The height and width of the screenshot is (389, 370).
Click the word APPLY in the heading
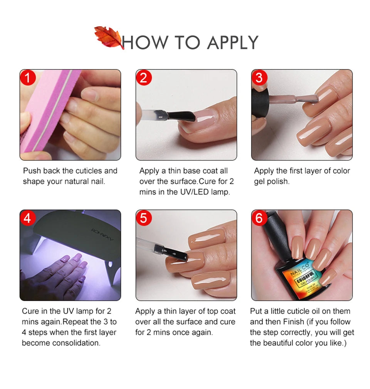point(232,42)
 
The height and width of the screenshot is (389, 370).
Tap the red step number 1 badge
point(28,78)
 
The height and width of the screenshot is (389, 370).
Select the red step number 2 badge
point(144,78)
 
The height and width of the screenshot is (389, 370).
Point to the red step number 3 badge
point(259,78)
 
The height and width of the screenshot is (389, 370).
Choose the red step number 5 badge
point(144,218)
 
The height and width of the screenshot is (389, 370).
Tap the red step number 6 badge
point(259,218)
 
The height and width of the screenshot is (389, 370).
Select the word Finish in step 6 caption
point(294,322)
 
